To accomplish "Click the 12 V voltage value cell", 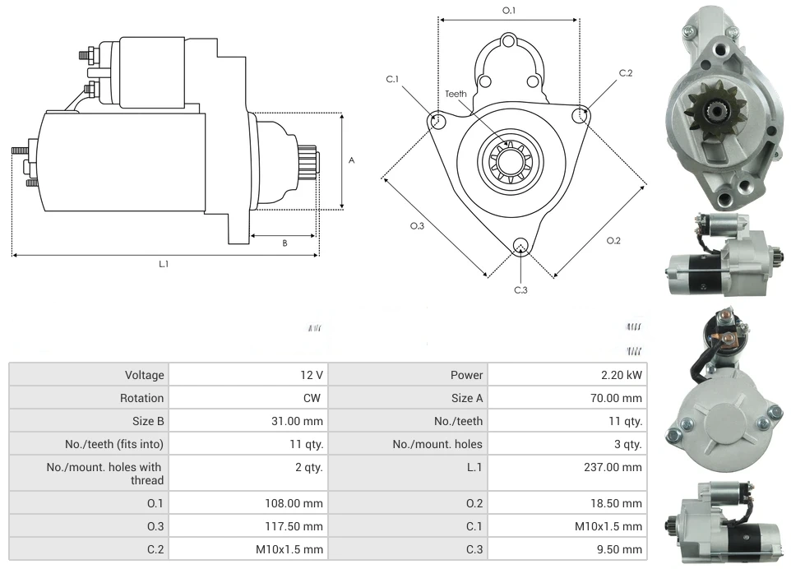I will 311,375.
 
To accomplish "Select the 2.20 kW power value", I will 622,375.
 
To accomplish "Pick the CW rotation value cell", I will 314,398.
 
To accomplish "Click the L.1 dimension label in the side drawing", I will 164,264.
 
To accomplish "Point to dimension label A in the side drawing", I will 352,160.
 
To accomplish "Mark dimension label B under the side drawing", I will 284,243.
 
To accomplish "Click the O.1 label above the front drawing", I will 509,11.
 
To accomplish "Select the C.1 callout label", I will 392,79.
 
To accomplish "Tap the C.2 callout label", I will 626,73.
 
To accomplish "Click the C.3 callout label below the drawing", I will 520,289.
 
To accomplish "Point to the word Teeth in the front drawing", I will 456,94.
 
